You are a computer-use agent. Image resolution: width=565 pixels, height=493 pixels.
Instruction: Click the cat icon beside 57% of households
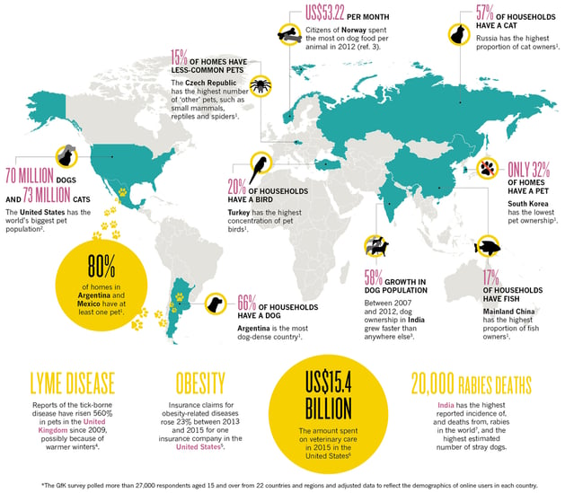tap(455, 33)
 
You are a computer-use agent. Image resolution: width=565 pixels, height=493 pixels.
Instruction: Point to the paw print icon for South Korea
tap(490, 168)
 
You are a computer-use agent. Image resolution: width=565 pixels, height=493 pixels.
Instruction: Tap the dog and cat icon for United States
tap(67, 156)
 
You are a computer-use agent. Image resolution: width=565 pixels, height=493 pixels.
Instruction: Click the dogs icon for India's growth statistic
tap(375, 244)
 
